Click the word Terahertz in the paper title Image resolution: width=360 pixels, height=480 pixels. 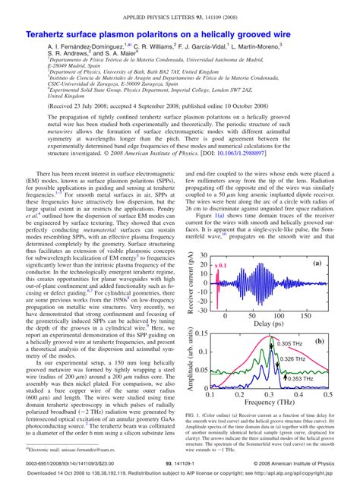tap(49, 35)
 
